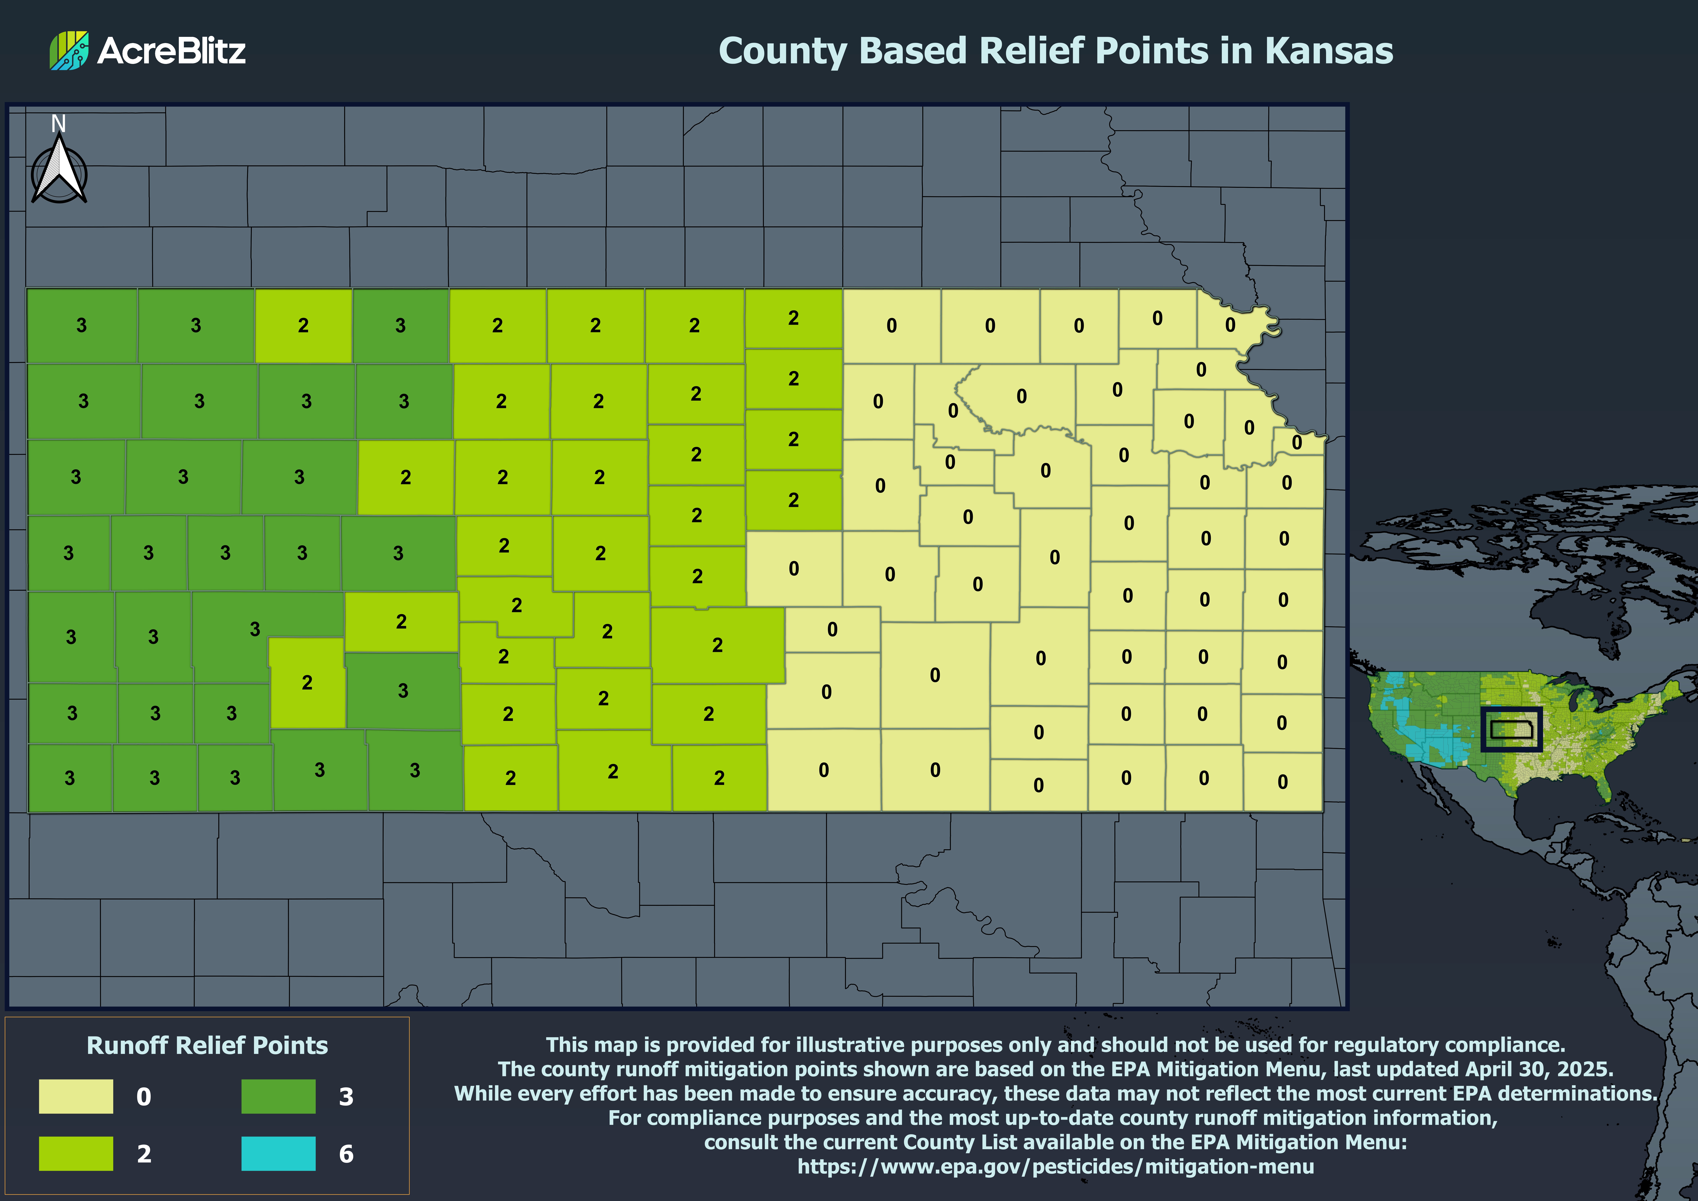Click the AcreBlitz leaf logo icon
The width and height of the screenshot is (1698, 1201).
point(69,50)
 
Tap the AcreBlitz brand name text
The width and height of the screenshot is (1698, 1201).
point(172,50)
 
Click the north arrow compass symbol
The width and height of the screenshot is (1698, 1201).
point(59,172)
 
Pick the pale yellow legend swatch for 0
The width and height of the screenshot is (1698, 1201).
point(76,1096)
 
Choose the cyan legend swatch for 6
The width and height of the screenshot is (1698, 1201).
point(278,1153)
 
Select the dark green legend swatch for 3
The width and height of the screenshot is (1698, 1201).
point(278,1096)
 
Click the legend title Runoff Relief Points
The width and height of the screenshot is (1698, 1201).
point(207,1045)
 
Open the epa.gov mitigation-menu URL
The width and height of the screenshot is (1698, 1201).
point(1055,1166)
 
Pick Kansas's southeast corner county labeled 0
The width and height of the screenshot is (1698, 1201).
point(1282,781)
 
